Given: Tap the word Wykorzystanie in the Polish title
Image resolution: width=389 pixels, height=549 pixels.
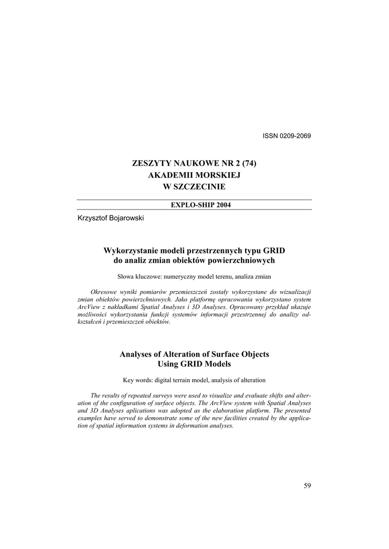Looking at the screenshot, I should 128,251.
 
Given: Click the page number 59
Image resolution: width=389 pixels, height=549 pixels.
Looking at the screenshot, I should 307,486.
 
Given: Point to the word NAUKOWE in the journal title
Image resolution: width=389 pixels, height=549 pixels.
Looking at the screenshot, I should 196,163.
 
